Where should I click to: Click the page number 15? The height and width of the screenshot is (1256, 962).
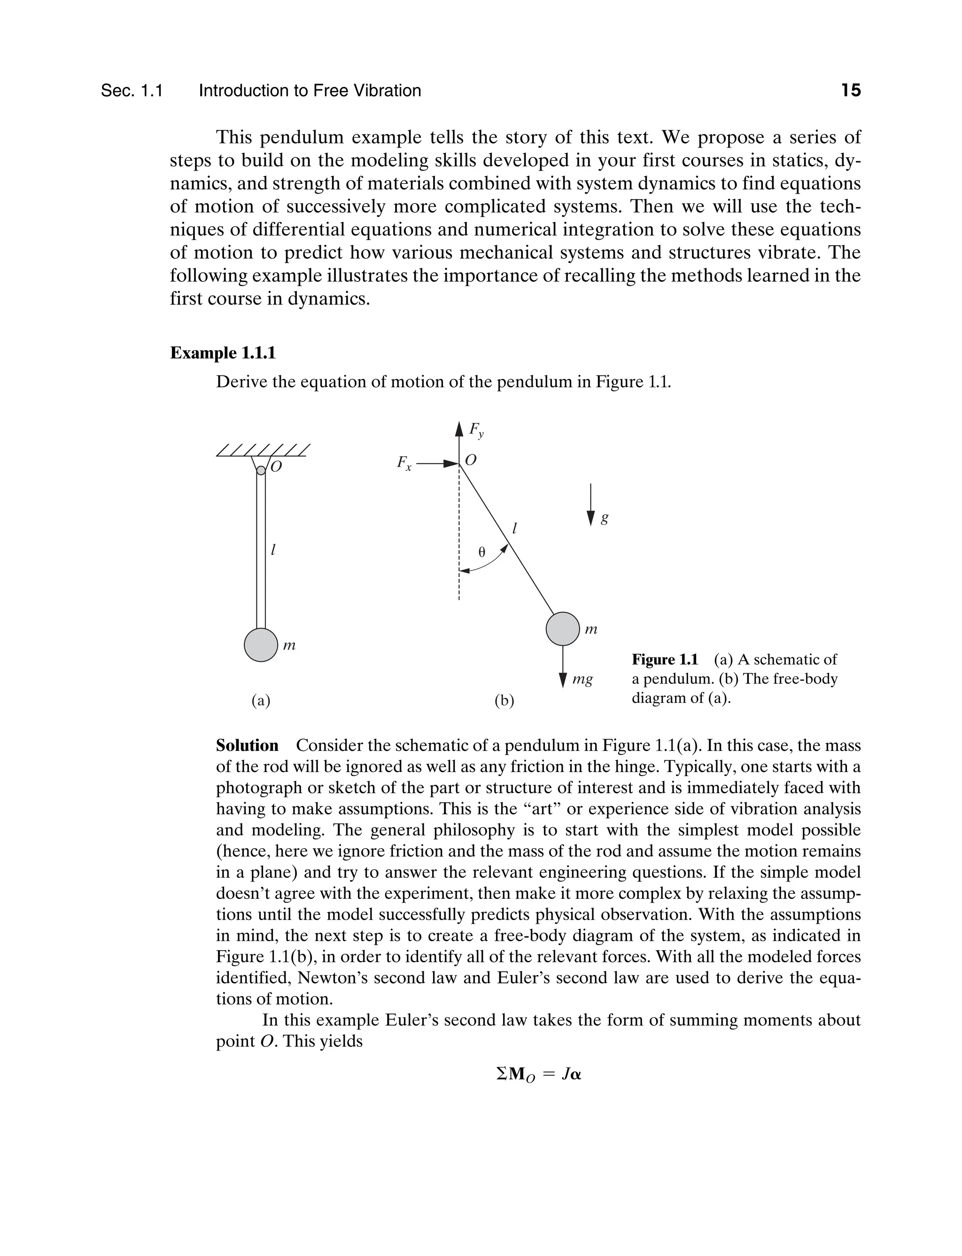[851, 91]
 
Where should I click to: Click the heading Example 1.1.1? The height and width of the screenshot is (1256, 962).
[223, 353]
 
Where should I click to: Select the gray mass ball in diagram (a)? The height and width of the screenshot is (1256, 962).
[261, 644]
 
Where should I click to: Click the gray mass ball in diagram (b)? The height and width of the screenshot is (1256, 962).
[563, 629]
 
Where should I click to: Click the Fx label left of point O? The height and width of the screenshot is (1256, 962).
[404, 463]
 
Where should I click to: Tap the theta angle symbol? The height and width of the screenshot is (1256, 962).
[481, 552]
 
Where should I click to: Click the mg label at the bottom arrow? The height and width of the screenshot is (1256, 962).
[582, 680]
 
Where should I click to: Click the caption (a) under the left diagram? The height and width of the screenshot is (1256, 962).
[261, 701]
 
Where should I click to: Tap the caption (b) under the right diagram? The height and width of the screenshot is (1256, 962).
[504, 701]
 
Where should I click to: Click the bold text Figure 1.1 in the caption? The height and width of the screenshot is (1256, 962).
[665, 660]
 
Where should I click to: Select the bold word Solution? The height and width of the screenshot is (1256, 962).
[247, 746]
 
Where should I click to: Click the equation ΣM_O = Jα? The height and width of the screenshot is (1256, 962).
[539, 1075]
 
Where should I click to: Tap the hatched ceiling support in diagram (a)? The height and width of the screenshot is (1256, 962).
[263, 450]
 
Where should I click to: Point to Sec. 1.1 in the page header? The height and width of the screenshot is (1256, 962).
[132, 91]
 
